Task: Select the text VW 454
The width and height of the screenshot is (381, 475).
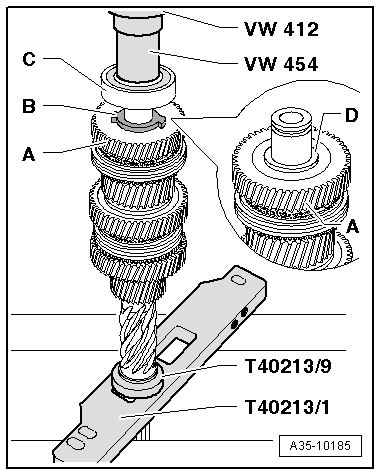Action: (279, 65)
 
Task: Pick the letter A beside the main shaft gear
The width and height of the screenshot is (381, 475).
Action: (29, 154)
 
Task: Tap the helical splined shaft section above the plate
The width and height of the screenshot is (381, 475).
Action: (134, 325)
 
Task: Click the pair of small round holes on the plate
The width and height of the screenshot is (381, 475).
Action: (238, 319)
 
